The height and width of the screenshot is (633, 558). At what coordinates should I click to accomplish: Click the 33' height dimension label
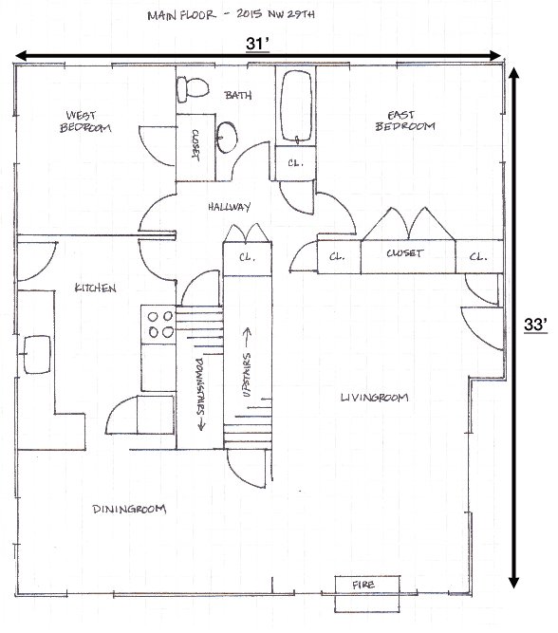[x=535, y=325]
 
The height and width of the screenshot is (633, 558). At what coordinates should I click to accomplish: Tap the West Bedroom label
[x=86, y=121]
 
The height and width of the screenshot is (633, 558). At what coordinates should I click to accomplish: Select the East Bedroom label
[x=404, y=120]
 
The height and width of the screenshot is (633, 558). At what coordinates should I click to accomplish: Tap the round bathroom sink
[x=228, y=138]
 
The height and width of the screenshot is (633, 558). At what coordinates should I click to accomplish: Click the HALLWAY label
[x=229, y=206]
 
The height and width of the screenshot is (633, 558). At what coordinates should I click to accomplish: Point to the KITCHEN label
[x=95, y=288]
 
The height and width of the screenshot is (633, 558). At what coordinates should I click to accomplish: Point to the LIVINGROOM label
[x=374, y=397]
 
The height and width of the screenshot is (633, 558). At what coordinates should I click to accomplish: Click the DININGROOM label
[x=129, y=509]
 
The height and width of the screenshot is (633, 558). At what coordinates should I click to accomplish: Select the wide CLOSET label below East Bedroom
[x=404, y=254]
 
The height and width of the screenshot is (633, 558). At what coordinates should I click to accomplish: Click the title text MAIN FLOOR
[x=180, y=16]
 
